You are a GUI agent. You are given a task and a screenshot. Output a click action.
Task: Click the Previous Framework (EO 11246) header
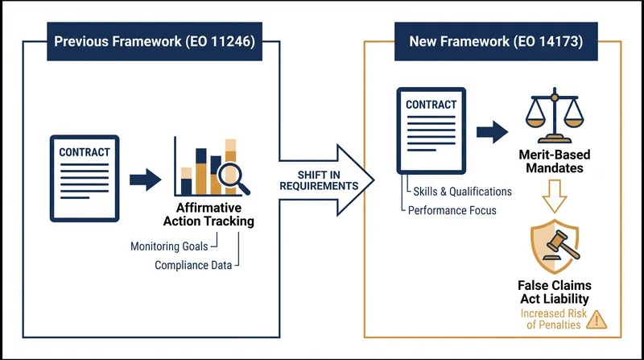click(x=155, y=42)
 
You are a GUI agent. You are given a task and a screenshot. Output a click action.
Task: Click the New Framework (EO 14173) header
click(x=496, y=42)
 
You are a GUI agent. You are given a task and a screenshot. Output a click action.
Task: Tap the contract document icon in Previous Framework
click(x=85, y=178)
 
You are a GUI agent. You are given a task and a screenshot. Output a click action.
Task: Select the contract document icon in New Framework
click(x=431, y=130)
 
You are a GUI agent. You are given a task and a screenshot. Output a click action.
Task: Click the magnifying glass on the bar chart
click(x=233, y=178)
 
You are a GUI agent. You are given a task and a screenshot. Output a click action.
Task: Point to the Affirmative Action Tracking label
click(x=208, y=214)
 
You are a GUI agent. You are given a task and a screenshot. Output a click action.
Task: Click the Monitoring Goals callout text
click(x=169, y=246)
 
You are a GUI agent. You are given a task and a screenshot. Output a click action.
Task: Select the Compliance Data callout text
click(x=193, y=265)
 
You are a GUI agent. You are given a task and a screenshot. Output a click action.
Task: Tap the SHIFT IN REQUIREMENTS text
click(x=319, y=180)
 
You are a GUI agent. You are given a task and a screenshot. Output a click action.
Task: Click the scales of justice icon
click(x=555, y=115)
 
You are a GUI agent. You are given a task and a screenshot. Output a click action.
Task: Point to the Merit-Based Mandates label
click(x=555, y=161)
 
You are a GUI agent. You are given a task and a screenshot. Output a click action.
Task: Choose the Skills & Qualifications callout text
click(x=462, y=192)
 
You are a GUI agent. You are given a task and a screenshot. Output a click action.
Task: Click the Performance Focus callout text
click(x=452, y=210)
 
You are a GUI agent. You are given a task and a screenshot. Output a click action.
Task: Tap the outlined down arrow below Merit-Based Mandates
click(x=555, y=197)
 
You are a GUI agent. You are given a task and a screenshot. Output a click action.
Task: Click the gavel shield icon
click(x=555, y=246)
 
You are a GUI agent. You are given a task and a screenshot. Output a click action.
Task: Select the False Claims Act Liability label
click(x=555, y=292)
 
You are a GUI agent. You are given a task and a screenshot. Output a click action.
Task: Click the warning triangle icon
click(x=597, y=320)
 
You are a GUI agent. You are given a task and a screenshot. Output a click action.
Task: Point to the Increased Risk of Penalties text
click(x=554, y=319)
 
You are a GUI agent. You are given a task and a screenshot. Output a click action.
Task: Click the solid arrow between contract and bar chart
click(x=146, y=180)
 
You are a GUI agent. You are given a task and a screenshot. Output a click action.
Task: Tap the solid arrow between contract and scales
click(x=493, y=132)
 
